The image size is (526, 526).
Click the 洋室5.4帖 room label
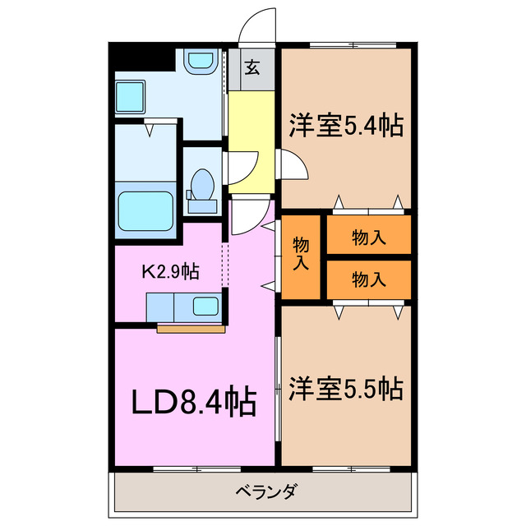tap(345, 126)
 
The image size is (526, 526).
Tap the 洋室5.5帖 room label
tap(345, 388)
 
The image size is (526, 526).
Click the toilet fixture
tap(202, 185)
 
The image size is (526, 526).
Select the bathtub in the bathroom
tap(145, 213)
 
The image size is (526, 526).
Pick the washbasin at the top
tap(198, 63)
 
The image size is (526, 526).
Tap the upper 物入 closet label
tap(368, 238)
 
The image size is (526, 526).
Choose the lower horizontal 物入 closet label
tap(368, 279)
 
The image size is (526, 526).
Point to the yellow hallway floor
tap(251, 131)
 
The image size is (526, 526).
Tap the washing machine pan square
tap(130, 97)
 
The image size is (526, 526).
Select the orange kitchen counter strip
tap(191, 329)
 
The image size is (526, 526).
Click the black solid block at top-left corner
tap(141, 58)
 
